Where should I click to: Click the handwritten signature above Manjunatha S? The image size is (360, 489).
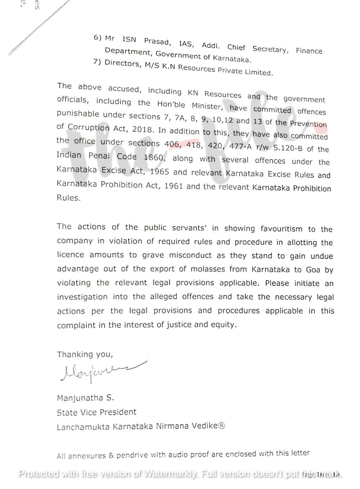[103, 371]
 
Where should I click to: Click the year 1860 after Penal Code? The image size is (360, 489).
[153, 157]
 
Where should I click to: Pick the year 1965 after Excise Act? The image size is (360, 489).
[159, 171]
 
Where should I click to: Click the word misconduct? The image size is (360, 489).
[190, 255]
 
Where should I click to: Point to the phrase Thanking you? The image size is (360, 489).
[85, 354]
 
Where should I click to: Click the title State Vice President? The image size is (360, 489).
[96, 412]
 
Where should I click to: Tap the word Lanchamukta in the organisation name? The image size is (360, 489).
[83, 427]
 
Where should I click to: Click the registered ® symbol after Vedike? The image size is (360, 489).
[222, 426]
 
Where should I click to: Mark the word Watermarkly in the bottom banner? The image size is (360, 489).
[170, 474]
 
